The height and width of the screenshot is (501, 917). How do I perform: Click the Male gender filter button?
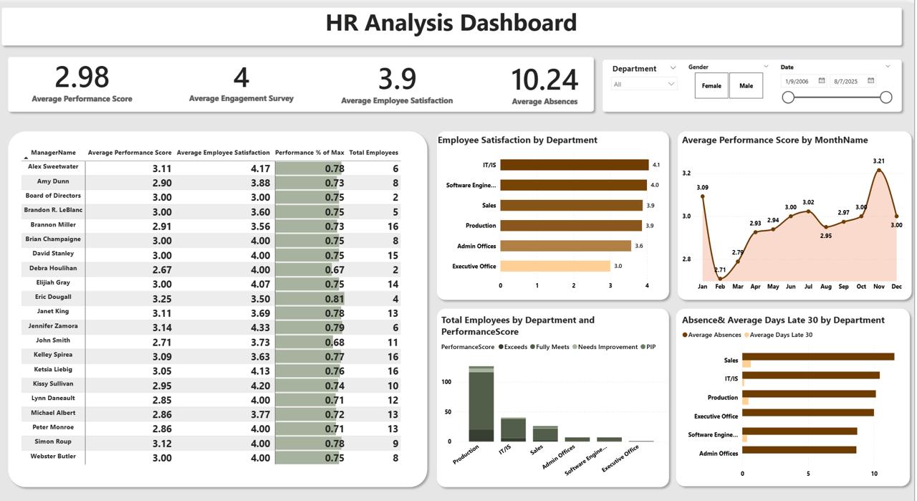tap(746, 86)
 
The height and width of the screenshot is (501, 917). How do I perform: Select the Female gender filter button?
tap(711, 86)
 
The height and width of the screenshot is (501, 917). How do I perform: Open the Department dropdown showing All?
tap(644, 84)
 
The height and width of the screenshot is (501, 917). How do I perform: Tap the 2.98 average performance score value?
tap(82, 77)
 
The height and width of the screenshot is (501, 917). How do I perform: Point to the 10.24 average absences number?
tap(544, 80)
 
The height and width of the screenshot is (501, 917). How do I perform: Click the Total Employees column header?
tap(373, 153)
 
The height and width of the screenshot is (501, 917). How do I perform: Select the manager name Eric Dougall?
tap(53, 297)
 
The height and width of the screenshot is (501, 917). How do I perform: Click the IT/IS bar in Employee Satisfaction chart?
tap(574, 165)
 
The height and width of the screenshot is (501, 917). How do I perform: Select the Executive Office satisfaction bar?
tap(555, 266)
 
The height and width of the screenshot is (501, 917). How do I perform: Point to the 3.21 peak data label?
tap(879, 161)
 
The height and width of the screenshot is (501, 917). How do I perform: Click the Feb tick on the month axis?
tap(720, 287)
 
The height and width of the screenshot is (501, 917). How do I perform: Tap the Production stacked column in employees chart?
tap(481, 405)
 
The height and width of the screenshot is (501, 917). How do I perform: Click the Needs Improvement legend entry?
tap(605, 347)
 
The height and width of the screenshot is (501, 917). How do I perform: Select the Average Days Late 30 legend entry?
tap(780, 335)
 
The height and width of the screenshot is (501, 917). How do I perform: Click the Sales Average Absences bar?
tap(818, 357)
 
